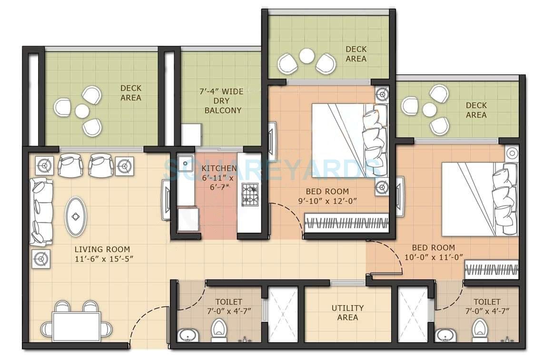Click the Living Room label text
pos(102,250)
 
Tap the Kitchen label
pos(218,169)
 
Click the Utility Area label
pos(347,312)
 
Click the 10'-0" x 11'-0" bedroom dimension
pos(433,257)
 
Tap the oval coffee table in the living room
pos(76,217)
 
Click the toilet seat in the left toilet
pos(218,329)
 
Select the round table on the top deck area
pos(307,56)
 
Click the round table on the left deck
pos(82,111)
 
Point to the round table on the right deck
pos(429,110)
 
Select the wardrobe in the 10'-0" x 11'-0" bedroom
pos(491,270)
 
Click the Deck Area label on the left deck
pos(131,93)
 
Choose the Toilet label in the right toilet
pos(487,302)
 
